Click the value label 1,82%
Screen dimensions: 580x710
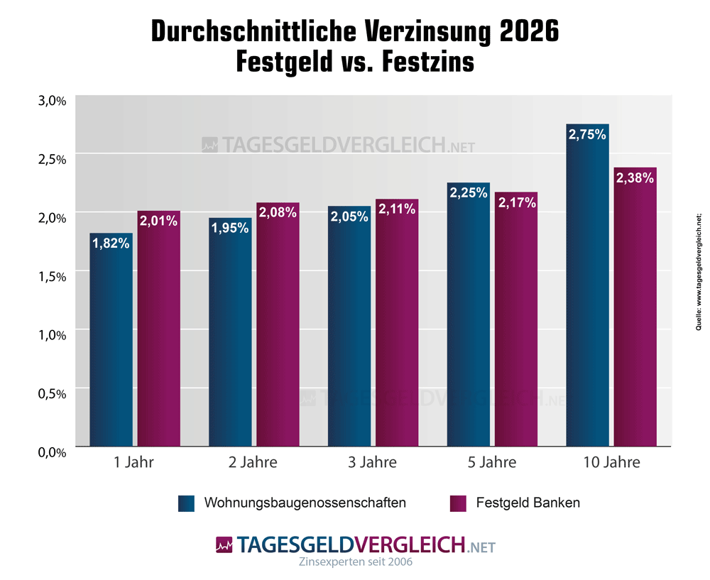pyautogui.click(x=111, y=244)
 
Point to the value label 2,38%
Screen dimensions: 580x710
pyautogui.click(x=635, y=178)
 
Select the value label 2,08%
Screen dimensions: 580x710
pyautogui.click(x=278, y=212)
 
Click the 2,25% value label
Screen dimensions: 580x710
pyautogui.click(x=468, y=192)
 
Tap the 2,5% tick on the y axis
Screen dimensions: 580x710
pyautogui.click(x=52, y=159)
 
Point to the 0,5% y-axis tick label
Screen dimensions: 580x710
pyautogui.click(x=52, y=393)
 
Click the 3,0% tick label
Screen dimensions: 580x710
pyautogui.click(x=52, y=101)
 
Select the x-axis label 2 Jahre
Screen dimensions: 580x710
pyautogui.click(x=253, y=463)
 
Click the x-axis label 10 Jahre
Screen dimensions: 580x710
pyautogui.click(x=611, y=463)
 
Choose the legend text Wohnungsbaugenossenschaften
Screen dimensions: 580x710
pyautogui.click(x=305, y=503)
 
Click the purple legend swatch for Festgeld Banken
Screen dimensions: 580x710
pyautogui.click(x=459, y=503)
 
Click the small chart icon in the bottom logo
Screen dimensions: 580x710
pyautogui.click(x=224, y=545)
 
